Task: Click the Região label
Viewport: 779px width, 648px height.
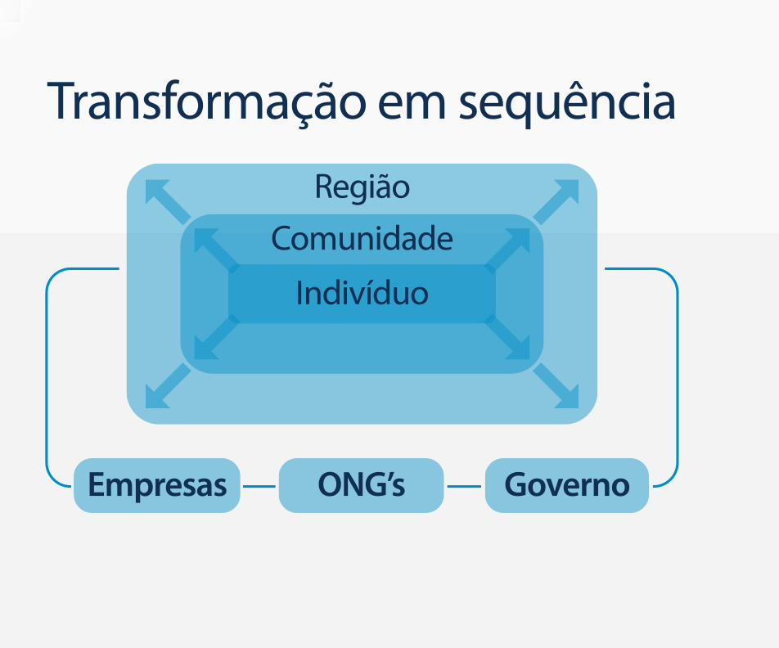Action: [362, 187]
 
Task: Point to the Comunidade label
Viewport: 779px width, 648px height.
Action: [362, 239]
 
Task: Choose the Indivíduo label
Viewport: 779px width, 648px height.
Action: [362, 292]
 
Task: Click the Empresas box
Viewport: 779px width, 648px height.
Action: [157, 485]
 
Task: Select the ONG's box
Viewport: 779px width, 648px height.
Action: [361, 485]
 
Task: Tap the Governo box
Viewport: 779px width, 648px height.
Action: [567, 485]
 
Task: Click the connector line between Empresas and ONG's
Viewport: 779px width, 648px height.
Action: [259, 486]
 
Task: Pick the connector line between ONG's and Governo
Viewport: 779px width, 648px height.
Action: [464, 486]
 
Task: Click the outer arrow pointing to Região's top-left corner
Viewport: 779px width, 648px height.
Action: [166, 200]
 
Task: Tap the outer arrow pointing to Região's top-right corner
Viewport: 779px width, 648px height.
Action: [558, 200]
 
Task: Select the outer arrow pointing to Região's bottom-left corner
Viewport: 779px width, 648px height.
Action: [166, 387]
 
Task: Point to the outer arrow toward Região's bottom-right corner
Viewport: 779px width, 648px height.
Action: [558, 387]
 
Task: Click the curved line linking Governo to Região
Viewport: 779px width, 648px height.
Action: [678, 376]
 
